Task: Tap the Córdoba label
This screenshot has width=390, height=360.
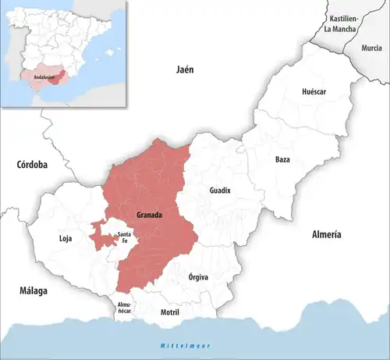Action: [x=31, y=165]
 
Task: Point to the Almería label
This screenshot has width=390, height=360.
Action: [x=326, y=234]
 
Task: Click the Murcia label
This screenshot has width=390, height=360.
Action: [x=372, y=48]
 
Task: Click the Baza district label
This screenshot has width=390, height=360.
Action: [x=282, y=159]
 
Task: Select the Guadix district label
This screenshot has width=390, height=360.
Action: [x=221, y=191]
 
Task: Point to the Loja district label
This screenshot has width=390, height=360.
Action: [x=66, y=239]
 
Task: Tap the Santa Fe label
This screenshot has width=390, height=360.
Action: [x=122, y=237]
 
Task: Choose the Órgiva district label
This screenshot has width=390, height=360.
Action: [x=199, y=277]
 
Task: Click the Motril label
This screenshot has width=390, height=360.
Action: [x=169, y=312]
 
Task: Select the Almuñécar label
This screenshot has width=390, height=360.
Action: [x=125, y=307]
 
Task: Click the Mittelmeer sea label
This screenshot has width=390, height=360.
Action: [x=171, y=345]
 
